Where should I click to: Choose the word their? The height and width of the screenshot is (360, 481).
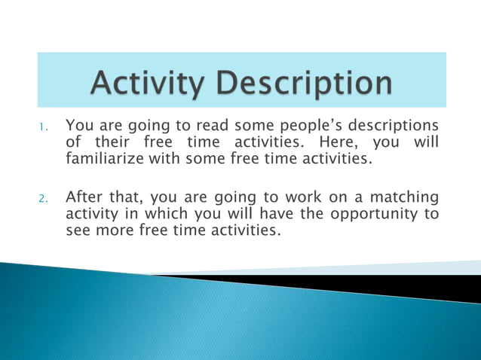[x=112, y=142]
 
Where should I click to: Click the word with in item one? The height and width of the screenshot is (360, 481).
[x=176, y=160]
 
